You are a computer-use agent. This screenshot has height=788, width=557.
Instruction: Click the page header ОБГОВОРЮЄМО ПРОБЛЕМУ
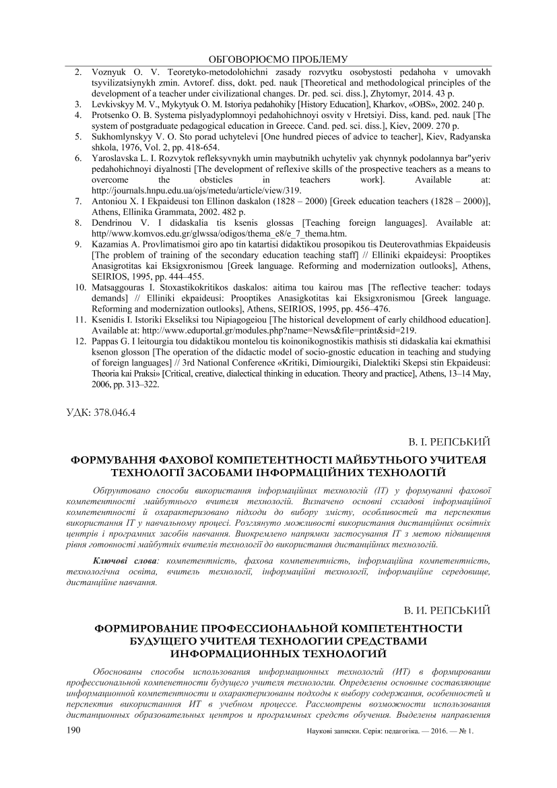pos(278,59)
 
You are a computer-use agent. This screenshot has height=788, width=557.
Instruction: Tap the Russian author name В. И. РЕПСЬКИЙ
pos(447,610)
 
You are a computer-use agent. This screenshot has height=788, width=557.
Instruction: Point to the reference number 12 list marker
pos(78,341)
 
